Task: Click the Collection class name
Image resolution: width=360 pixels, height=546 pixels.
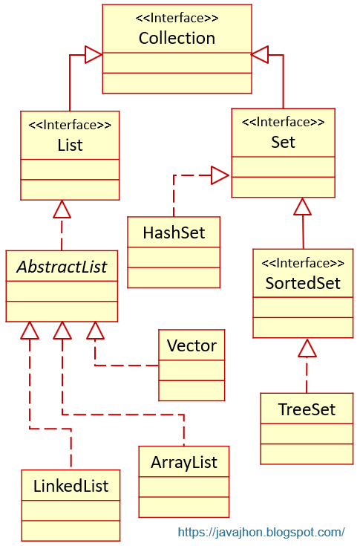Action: click(177, 38)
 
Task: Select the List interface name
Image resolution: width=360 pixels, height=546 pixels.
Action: click(70, 145)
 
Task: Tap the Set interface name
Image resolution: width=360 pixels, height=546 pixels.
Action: click(283, 142)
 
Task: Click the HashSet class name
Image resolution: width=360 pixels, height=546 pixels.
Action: click(174, 233)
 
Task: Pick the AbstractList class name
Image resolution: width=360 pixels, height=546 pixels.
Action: click(62, 266)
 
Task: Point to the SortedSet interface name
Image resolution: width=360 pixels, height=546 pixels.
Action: click(303, 283)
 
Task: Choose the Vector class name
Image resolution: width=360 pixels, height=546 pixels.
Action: click(192, 345)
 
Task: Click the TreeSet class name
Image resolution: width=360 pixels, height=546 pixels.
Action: click(307, 409)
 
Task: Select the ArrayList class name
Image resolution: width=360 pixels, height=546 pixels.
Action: click(184, 462)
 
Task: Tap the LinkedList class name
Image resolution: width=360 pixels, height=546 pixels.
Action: click(71, 486)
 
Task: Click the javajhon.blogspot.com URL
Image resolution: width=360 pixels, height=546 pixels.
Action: click(261, 532)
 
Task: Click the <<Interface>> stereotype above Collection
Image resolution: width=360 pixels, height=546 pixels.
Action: click(177, 18)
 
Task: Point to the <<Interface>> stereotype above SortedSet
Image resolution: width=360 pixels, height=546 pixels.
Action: click(303, 262)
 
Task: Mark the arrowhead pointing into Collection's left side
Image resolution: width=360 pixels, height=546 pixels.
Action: click(93, 54)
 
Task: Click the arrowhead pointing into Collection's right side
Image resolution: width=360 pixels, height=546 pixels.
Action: click(261, 54)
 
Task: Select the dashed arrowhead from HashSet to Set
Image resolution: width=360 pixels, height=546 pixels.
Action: click(220, 175)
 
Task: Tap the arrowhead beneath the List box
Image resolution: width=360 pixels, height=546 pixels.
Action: click(62, 209)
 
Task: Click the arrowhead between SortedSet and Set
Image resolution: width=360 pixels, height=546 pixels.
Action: click(301, 207)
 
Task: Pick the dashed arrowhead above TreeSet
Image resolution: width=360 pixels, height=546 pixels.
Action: click(307, 347)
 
